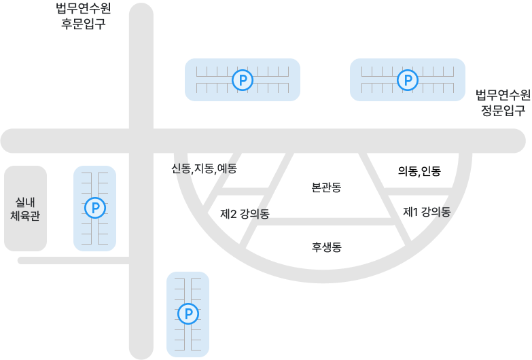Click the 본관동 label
point(326,188)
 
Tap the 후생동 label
point(326,247)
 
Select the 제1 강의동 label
point(427,212)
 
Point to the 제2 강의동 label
point(245,214)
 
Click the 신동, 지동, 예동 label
point(206,168)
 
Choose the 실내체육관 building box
point(26,209)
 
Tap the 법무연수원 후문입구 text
point(84,18)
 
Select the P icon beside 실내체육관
point(95,208)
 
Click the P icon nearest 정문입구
point(408,80)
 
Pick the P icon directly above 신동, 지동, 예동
point(243,80)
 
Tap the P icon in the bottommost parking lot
point(188,314)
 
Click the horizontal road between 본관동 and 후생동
point(326,221)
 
